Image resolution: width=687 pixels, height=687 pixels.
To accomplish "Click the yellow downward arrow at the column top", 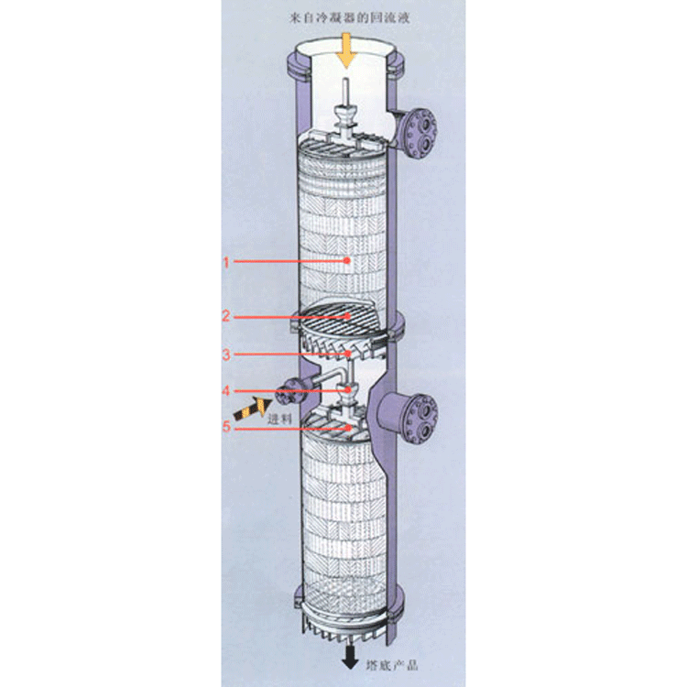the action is coord(346,50).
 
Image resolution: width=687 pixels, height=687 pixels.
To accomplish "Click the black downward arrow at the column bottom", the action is coord(350,658).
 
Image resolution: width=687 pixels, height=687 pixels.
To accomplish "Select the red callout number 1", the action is coord(226,263).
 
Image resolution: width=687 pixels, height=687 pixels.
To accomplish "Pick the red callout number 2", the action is coord(225,316).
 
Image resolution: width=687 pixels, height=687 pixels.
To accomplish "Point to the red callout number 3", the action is coord(226,354).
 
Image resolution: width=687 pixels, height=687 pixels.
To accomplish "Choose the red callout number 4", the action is coord(226,390).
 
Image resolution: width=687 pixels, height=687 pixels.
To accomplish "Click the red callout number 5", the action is coord(226,426).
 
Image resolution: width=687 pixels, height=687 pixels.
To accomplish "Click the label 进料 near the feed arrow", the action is coord(279,419).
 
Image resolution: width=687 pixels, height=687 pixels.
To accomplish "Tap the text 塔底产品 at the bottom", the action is coord(392,665).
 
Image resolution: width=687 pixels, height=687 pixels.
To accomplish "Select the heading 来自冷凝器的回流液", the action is coord(350,18).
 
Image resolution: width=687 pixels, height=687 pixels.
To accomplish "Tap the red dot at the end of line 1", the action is coord(347,260).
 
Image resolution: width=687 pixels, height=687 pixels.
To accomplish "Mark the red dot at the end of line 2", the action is coord(347,315).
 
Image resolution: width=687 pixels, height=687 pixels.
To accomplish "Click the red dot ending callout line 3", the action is coord(347,354).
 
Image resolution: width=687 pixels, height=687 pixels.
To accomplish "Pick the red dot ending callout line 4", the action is coord(348,389).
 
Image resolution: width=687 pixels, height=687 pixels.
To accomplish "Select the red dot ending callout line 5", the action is coord(348,427).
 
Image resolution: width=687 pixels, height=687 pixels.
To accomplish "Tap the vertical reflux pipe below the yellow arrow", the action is coord(345,92).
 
